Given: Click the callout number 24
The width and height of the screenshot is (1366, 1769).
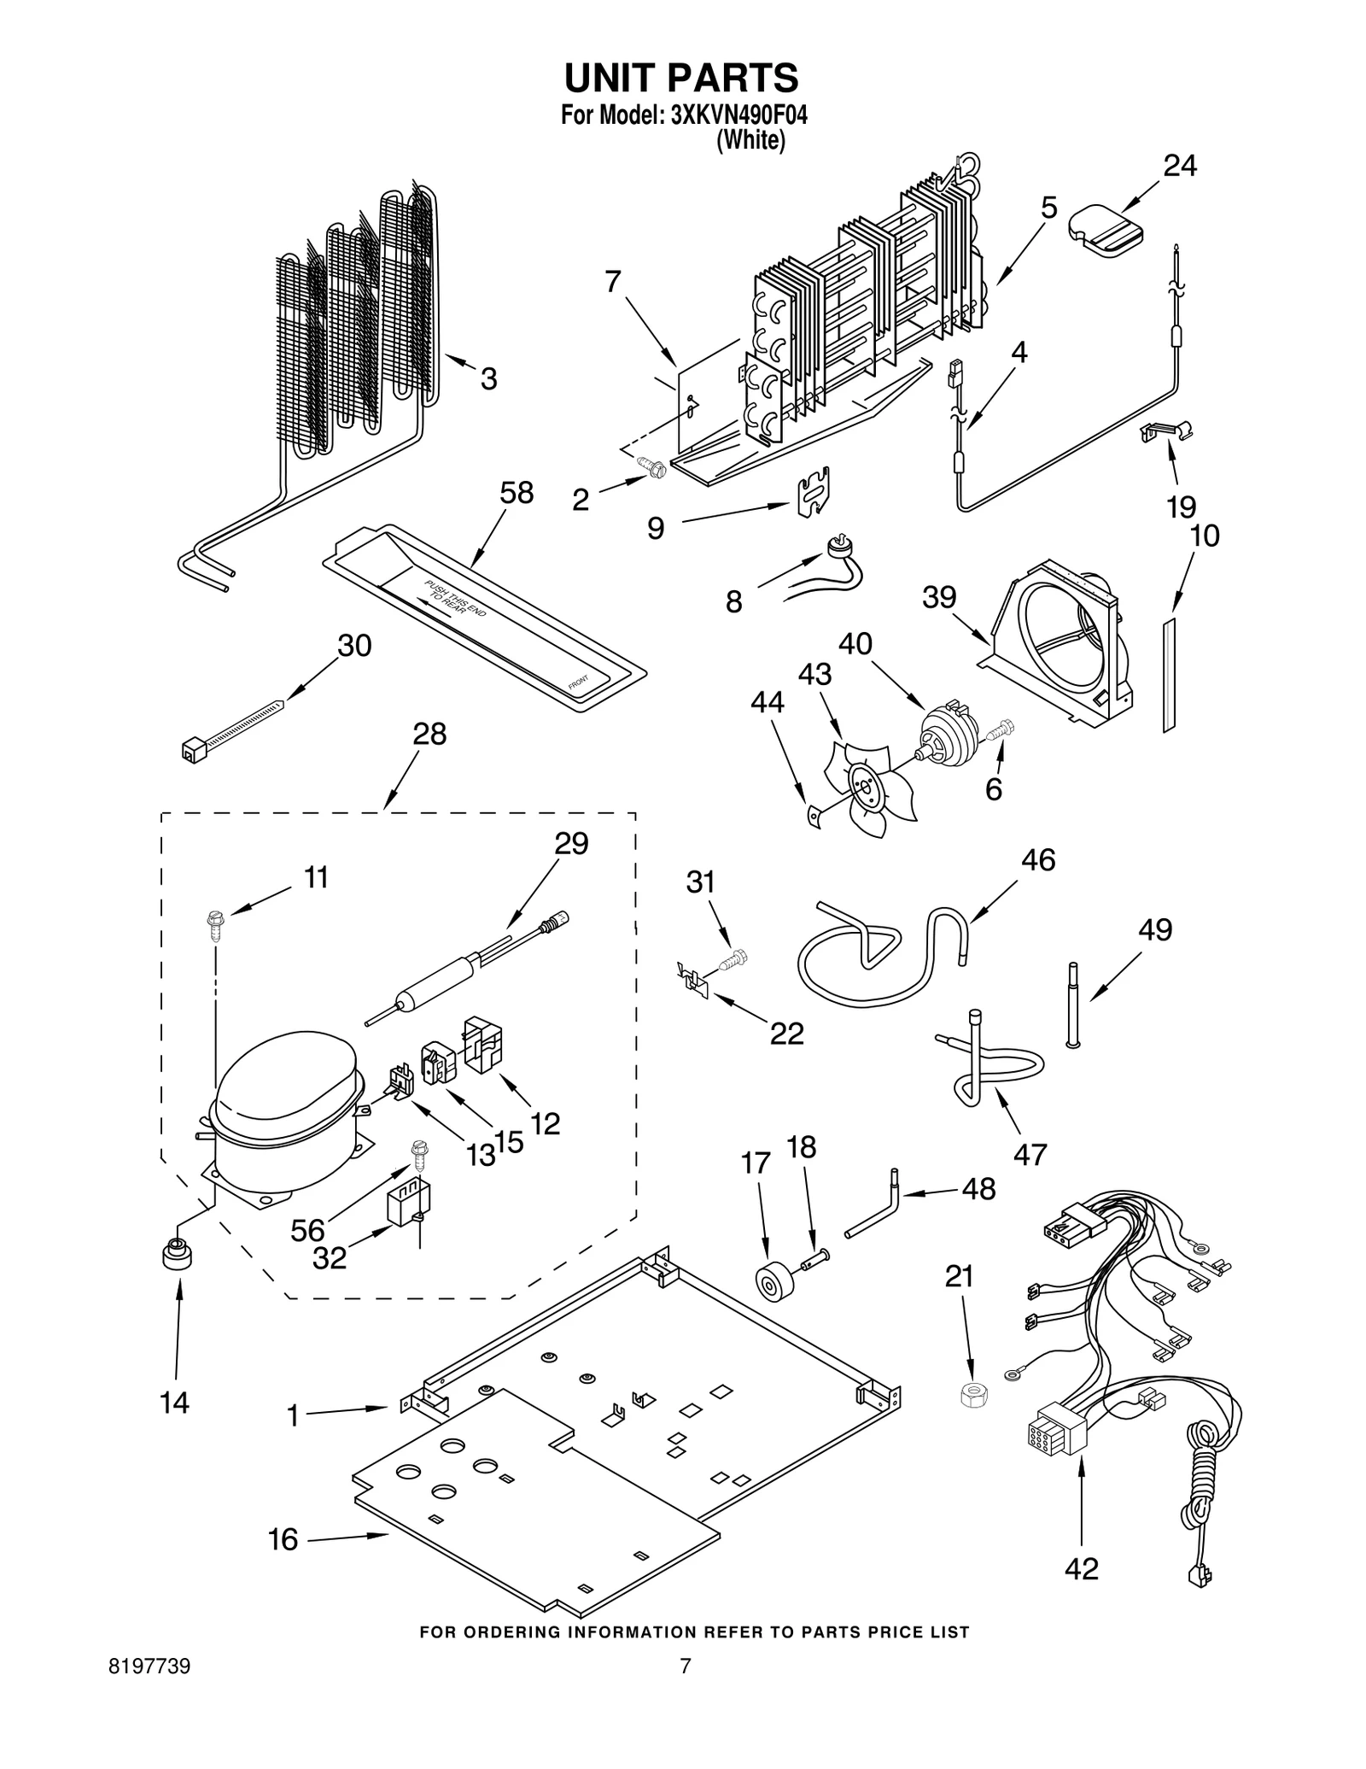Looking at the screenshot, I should coord(1180,166).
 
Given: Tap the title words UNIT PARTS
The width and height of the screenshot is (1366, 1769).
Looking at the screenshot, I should coord(681,77).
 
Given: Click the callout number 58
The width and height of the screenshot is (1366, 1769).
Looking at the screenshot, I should coord(517,493).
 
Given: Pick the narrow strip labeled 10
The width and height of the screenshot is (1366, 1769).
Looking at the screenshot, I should coord(1169,675).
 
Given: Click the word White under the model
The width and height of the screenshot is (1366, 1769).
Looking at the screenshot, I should coord(750,141).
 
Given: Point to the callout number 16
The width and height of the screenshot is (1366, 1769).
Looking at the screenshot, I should coord(283,1539).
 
